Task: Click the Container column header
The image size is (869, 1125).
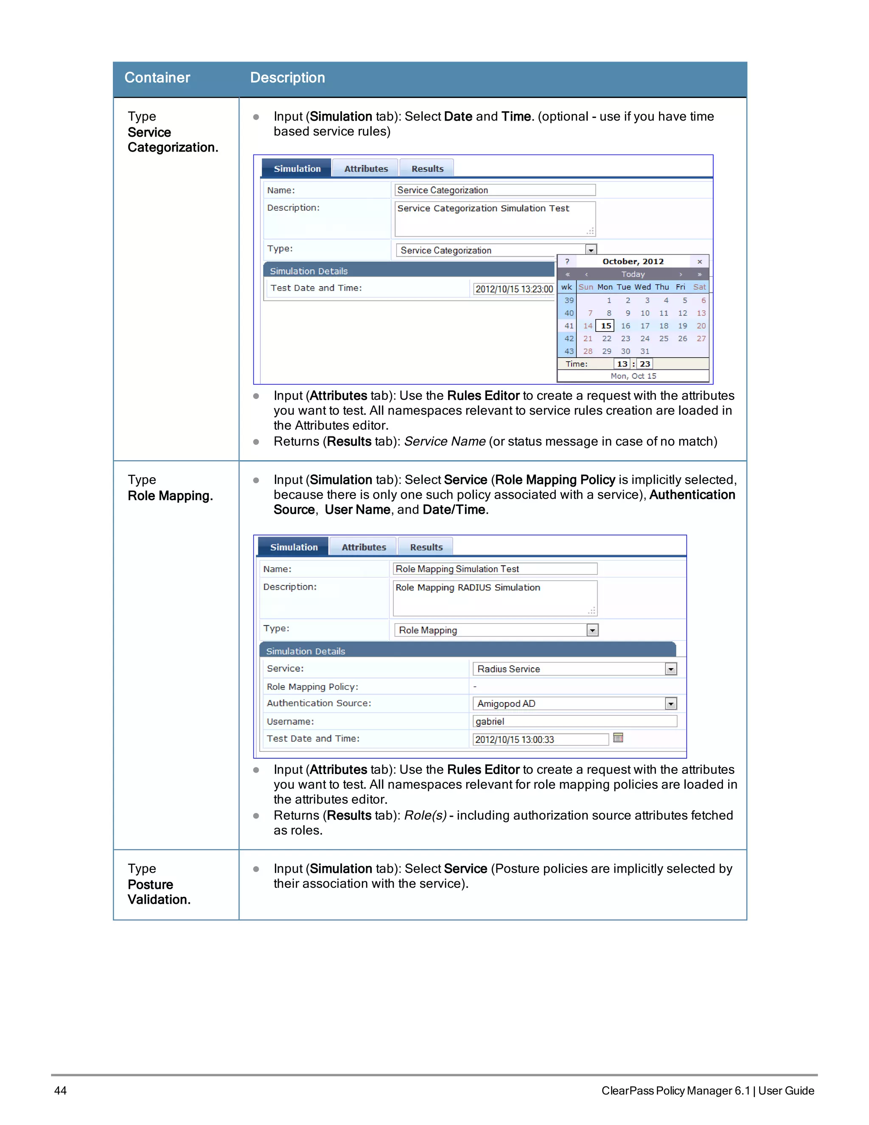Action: click(157, 78)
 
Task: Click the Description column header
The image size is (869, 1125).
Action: click(287, 78)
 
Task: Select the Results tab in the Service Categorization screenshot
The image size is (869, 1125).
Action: click(427, 169)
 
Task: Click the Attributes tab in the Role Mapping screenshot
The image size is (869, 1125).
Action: click(364, 547)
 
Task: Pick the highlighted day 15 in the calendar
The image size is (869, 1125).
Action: click(606, 326)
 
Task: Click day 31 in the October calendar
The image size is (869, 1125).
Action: click(645, 352)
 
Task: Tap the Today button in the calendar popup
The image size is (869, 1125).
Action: click(633, 274)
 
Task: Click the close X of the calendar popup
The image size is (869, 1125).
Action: click(700, 262)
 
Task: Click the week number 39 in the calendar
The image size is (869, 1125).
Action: click(568, 300)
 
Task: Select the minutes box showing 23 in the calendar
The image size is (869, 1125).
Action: click(645, 364)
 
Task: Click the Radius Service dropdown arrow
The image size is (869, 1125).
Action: click(670, 669)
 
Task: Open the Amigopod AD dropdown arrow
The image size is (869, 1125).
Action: click(670, 703)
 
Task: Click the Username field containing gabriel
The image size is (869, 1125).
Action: click(574, 721)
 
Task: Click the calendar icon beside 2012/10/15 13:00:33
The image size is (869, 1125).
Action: click(618, 738)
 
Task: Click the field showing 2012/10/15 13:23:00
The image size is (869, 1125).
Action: click(513, 289)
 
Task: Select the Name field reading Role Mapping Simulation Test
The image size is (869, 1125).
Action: click(494, 569)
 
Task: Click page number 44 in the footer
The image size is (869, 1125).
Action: click(60, 1091)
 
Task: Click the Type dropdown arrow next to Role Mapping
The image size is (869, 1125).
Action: click(592, 630)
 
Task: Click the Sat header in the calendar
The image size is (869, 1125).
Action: click(699, 287)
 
